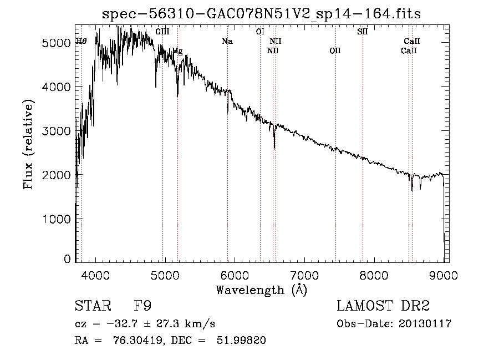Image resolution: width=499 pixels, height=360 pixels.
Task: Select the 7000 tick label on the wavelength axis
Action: (x=304, y=275)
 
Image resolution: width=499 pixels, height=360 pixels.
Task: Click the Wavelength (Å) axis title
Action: (x=261, y=290)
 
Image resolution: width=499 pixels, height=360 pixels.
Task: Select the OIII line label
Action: (x=162, y=32)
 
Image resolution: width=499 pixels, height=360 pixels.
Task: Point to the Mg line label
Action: (x=177, y=51)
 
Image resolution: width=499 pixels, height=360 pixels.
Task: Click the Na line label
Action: (x=227, y=41)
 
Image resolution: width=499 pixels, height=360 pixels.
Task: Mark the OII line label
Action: (x=335, y=51)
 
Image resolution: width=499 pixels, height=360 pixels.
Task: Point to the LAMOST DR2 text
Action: (x=383, y=306)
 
